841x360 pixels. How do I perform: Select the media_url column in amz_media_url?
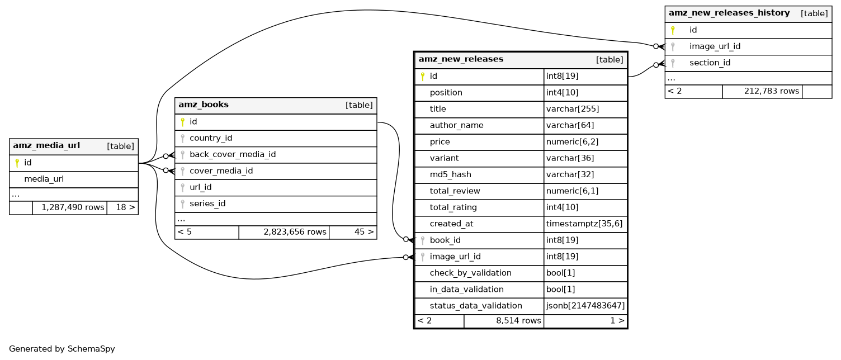(x=44, y=179)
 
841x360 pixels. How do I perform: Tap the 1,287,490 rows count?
(x=69, y=207)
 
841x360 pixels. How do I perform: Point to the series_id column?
(x=207, y=203)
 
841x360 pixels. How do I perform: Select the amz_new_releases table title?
(x=461, y=59)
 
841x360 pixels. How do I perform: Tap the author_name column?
(x=456, y=125)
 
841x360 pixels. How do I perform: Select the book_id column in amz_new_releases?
(x=445, y=240)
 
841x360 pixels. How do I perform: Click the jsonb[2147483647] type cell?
(x=585, y=306)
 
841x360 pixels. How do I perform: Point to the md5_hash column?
(x=450, y=174)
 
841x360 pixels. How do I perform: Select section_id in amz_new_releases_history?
(x=710, y=63)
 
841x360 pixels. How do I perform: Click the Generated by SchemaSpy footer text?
(x=62, y=349)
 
